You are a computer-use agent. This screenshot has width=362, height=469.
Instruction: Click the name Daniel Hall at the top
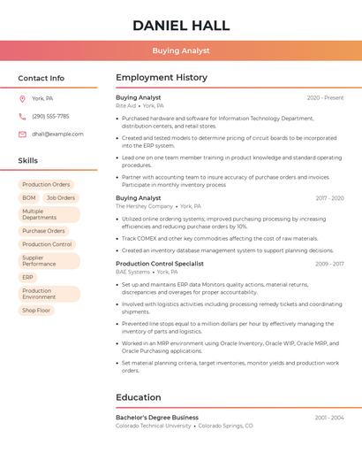[181, 26]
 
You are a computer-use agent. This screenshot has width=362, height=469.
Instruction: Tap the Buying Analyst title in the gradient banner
[181, 50]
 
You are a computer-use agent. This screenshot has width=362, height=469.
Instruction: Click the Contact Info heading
[41, 78]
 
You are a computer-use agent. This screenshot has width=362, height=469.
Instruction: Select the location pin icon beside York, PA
[22, 98]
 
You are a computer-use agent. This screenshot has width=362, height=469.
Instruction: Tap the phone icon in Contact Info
[22, 116]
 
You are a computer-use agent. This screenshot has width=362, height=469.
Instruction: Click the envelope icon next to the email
[22, 134]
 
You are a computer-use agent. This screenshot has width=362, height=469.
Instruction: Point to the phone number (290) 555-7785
[50, 116]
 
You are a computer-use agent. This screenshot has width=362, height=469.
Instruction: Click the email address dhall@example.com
[57, 134]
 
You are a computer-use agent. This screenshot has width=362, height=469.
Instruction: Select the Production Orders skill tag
[46, 185]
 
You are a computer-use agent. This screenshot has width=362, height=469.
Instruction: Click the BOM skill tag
[29, 198]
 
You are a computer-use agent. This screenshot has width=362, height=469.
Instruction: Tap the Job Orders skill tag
[61, 198]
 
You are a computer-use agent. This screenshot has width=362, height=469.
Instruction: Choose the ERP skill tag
[28, 277]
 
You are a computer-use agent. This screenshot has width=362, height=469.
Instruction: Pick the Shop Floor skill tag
[36, 311]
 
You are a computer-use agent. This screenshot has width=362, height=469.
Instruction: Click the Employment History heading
[162, 78]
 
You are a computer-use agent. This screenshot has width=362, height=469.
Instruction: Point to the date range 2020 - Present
[325, 97]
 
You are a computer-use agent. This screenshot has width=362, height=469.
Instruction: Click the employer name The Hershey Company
[144, 206]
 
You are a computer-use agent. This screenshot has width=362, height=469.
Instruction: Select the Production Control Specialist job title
[159, 264]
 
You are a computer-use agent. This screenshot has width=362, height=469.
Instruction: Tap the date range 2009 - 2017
[329, 264]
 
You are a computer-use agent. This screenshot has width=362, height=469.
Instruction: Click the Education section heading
[139, 397]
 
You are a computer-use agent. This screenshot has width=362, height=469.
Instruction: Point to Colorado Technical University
[153, 426]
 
